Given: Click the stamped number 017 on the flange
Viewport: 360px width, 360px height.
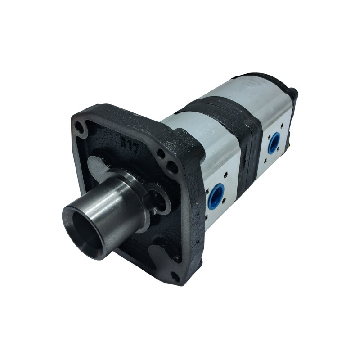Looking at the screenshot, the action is click(x=130, y=145).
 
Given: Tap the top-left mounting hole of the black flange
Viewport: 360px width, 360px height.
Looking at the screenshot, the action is click(x=81, y=126).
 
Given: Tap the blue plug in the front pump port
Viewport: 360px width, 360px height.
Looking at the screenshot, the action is click(x=217, y=196).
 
